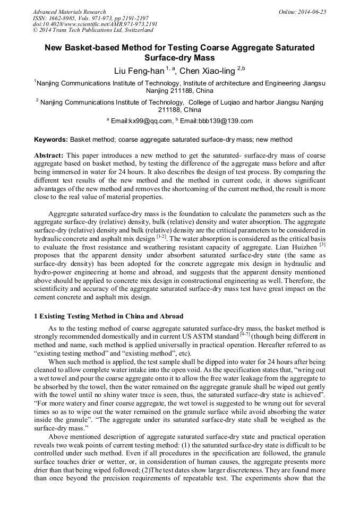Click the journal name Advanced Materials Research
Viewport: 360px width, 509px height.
[69, 12]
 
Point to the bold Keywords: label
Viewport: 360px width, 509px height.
[50, 140]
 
